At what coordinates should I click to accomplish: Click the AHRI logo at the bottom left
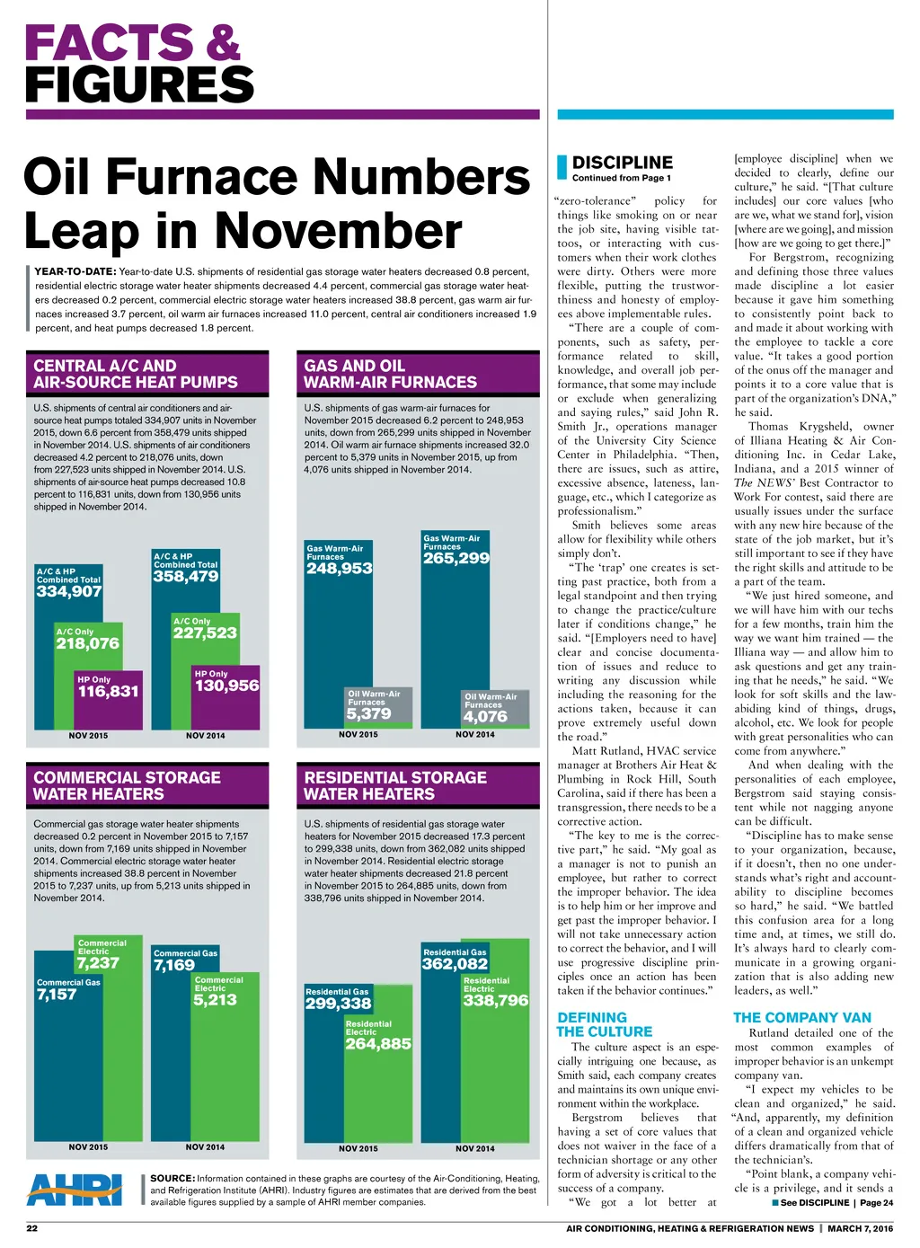75,1189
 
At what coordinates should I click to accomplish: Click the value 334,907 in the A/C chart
69,591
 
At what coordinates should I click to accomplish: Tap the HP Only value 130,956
226,686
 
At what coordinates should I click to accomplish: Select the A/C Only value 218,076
87,643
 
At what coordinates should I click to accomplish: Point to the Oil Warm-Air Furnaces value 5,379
368,713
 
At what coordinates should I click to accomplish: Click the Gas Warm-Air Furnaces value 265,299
456,558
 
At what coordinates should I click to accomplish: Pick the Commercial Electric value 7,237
98,963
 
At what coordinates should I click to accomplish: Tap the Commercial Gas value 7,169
174,966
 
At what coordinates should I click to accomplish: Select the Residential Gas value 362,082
455,964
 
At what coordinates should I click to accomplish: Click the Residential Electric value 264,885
378,1044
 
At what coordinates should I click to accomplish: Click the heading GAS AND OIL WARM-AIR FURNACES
390,374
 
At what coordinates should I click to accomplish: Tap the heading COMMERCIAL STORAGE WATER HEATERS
127,785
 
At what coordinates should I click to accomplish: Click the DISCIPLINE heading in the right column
623,163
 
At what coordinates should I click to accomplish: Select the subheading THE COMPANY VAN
802,1017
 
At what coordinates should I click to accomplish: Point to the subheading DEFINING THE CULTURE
605,1024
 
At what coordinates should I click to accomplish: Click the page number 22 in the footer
31,1228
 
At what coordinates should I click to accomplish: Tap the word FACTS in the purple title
108,43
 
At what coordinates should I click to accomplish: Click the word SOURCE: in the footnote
172,1178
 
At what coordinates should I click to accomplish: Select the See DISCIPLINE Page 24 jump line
832,1202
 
